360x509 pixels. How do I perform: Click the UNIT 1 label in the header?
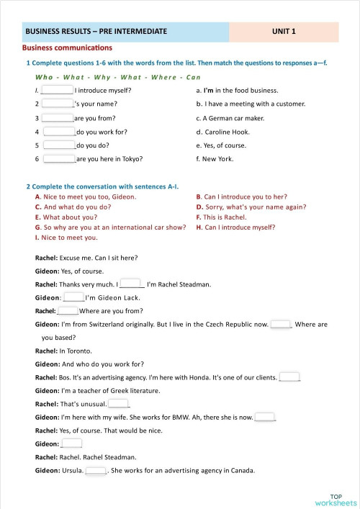284,32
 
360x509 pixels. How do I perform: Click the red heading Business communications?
67,48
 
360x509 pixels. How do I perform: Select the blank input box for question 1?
58,91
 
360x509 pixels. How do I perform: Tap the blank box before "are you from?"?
58,118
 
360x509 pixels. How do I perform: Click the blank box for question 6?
60,159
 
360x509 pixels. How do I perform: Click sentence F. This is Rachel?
221,217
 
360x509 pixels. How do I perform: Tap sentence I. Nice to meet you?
66,237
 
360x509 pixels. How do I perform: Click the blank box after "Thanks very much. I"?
131,284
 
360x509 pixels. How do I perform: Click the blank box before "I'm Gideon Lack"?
73,297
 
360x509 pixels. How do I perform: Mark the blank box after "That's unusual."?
119,404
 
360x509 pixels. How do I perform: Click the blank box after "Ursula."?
96,471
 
